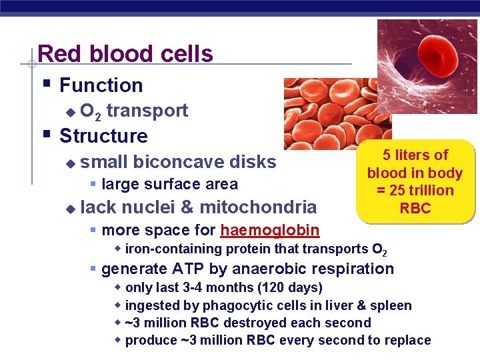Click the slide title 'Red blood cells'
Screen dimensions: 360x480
pyautogui.click(x=125, y=53)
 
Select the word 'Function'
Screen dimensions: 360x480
pyautogui.click(x=101, y=85)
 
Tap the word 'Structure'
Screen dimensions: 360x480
pyautogui.click(x=103, y=136)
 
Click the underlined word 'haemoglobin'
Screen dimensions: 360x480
pyautogui.click(x=269, y=231)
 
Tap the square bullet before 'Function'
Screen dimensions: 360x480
pyautogui.click(x=45, y=84)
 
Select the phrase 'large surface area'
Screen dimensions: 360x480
pyautogui.click(x=169, y=184)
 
